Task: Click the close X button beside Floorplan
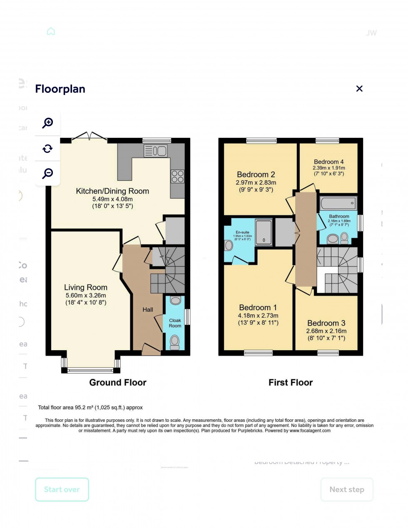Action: (359, 89)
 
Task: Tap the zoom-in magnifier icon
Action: (47, 123)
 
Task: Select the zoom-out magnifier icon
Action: (47, 173)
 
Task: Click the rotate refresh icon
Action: (47, 149)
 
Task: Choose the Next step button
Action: (346, 490)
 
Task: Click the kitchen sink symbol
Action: (156, 151)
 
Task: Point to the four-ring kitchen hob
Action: (177, 177)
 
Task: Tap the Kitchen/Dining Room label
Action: (112, 191)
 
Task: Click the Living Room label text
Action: (86, 287)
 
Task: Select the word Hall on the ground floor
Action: (148, 310)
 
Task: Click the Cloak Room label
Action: (175, 323)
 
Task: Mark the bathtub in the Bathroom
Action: (338, 204)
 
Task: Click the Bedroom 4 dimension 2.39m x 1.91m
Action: (329, 168)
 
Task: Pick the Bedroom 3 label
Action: (326, 323)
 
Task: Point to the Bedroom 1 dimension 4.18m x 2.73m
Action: (258, 316)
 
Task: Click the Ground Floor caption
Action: (118, 383)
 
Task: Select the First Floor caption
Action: (290, 383)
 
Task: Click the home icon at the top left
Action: (51, 32)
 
